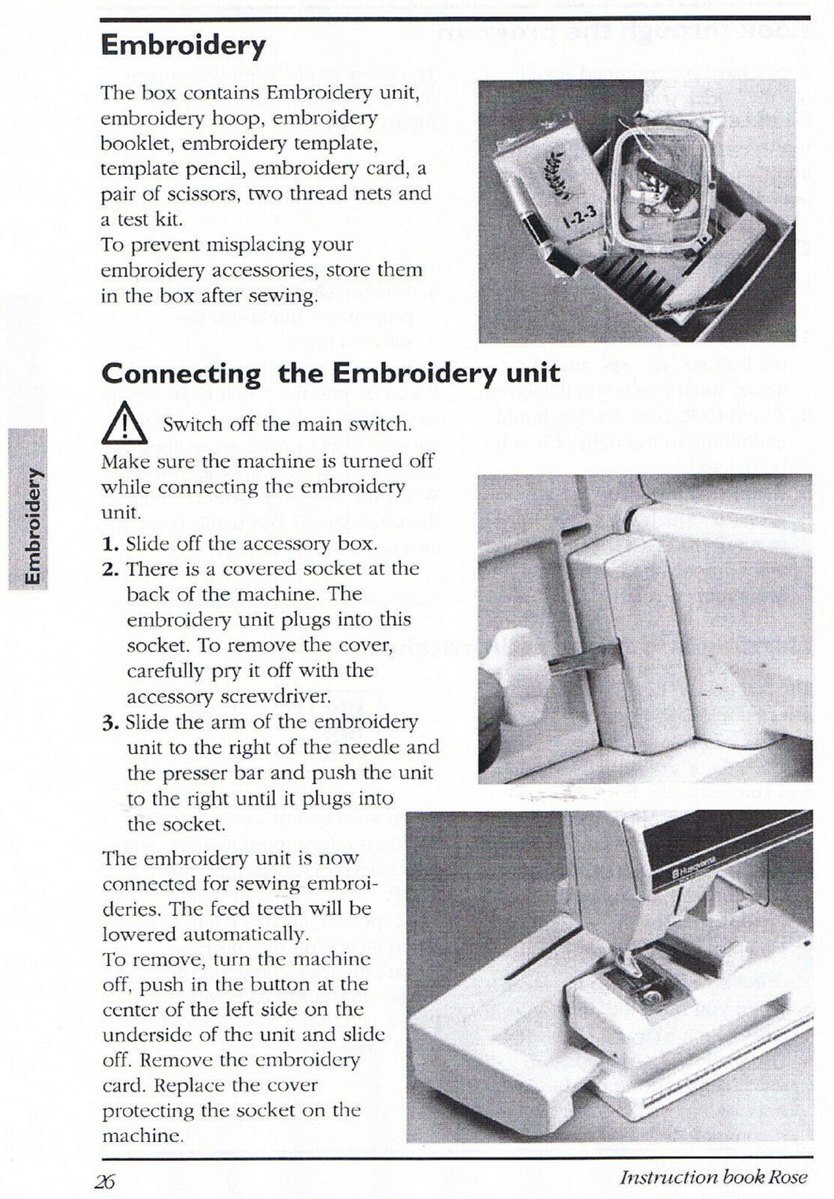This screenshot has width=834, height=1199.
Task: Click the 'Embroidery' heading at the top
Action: tap(183, 45)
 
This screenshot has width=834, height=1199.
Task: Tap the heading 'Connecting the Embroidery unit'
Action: tap(330, 373)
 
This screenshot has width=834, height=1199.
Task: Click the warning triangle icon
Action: tap(125, 424)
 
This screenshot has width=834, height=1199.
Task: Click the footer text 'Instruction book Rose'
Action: tap(713, 1177)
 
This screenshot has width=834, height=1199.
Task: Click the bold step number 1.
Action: tap(110, 544)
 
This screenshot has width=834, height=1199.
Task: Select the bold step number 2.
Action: tap(110, 570)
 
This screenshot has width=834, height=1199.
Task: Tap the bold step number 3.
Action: tap(110, 723)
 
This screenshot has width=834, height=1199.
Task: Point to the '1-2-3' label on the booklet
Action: tap(581, 217)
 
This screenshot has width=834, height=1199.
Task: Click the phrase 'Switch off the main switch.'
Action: tap(286, 424)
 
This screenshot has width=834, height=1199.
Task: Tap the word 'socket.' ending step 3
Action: tap(176, 824)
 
